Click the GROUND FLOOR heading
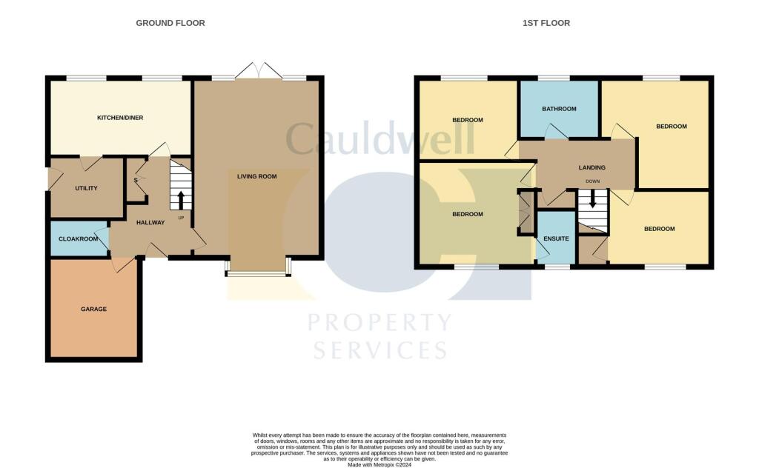170,23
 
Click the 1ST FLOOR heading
546,23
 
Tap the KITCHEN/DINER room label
120,118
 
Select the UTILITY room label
86,188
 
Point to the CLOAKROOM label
78,239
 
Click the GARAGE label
93,309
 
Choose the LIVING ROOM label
256,176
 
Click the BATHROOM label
558,109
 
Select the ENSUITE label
555,238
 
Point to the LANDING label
591,167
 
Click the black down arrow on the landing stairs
592,199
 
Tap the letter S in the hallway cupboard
136,180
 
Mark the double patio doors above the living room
259,71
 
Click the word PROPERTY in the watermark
379,323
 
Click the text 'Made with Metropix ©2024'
379,464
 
